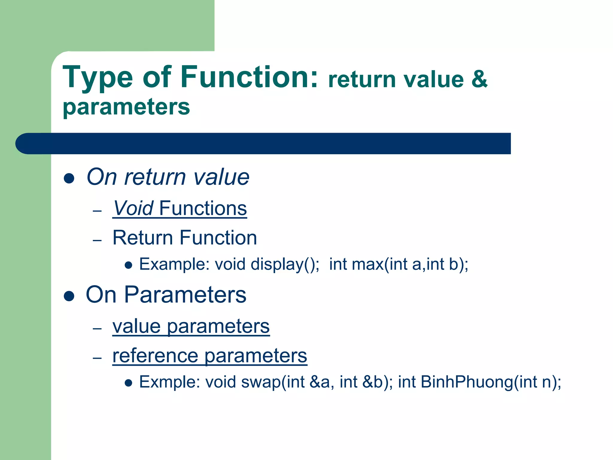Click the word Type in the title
tap(98, 78)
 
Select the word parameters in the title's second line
tap(126, 107)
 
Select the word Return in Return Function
tap(142, 238)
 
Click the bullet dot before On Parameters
tap(69, 296)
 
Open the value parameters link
tap(191, 326)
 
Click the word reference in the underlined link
tap(155, 356)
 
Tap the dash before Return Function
tap(97, 240)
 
